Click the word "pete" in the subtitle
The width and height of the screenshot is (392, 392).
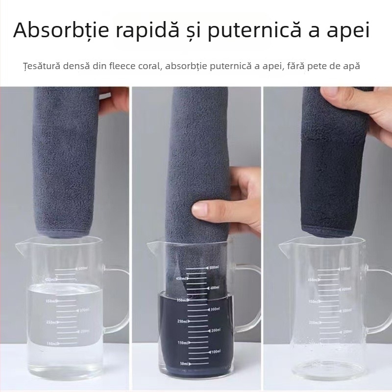click(x=312, y=66)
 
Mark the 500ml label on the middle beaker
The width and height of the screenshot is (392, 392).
click(x=214, y=268)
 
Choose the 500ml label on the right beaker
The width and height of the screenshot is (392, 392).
click(x=346, y=269)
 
